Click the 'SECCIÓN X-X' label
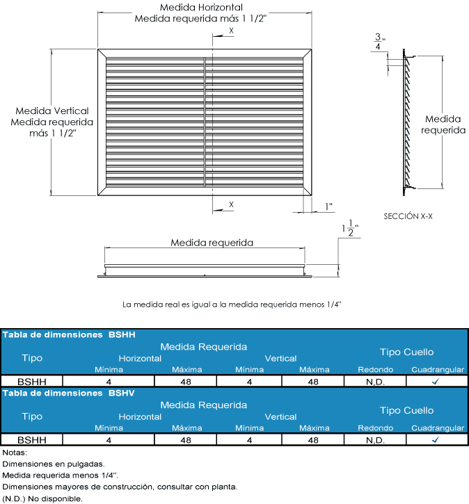[x=408, y=216]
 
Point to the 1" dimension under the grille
[x=328, y=206]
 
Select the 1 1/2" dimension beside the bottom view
[x=349, y=229]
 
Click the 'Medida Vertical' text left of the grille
[x=52, y=111]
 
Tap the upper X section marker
[x=231, y=31]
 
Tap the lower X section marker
[x=231, y=204]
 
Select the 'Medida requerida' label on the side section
[x=443, y=124]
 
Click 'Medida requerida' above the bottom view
[x=212, y=243]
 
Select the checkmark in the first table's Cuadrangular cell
[x=435, y=382]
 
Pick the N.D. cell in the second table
[x=375, y=440]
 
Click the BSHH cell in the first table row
[x=32, y=382]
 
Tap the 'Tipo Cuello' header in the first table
[x=406, y=352]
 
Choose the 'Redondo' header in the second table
[x=375, y=428]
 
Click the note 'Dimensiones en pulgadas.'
[x=54, y=464]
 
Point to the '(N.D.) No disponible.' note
[x=43, y=498]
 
